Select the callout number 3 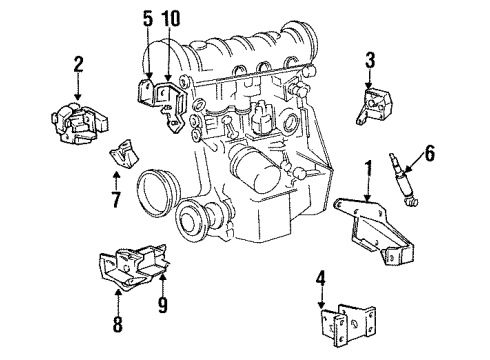[x=369, y=60]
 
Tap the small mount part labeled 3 [x=376, y=109]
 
